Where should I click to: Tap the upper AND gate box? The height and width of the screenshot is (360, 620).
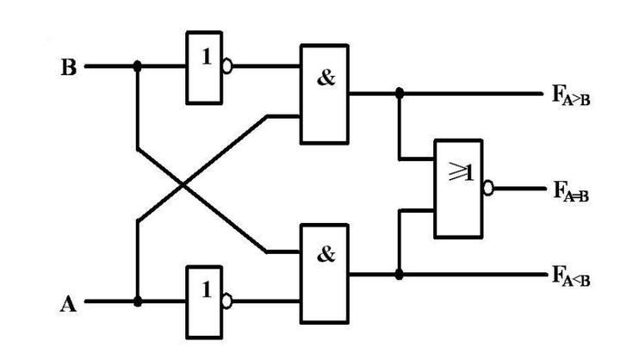pos(324,93)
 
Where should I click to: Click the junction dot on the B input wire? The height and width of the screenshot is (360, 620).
pos(138,65)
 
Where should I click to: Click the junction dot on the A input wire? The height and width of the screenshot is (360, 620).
pos(138,301)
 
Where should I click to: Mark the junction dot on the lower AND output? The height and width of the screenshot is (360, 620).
pos(399,275)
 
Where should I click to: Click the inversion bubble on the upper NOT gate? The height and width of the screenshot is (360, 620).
pos(228,65)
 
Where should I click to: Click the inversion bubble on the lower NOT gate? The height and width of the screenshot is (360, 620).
pos(228,301)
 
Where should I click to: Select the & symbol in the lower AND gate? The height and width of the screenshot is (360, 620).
pos(326,256)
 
